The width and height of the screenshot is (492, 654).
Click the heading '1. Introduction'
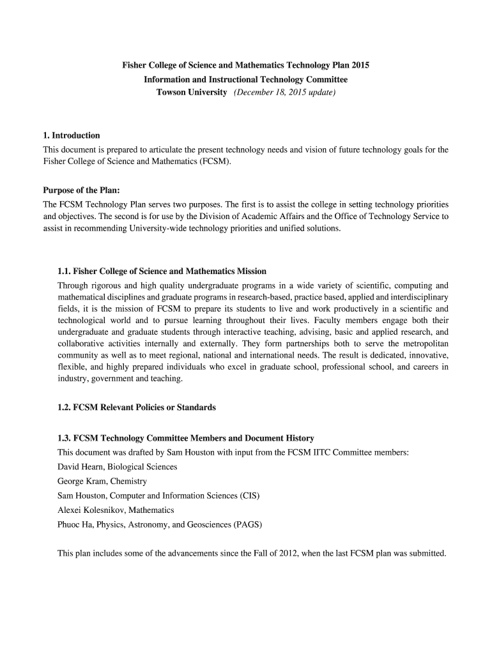pyautogui.click(x=71, y=135)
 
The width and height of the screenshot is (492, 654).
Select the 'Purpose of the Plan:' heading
pyautogui.click(x=81, y=190)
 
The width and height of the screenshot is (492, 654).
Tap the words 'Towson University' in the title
pyautogui.click(x=192, y=93)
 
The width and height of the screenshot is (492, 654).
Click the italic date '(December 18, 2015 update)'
pyautogui.click(x=284, y=93)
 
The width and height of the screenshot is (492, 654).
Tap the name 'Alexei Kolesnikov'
pyautogui.click(x=89, y=510)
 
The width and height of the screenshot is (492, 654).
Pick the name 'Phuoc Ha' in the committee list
pyautogui.click(x=73, y=525)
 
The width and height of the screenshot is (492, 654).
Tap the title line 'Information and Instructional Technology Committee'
pyautogui.click(x=245, y=80)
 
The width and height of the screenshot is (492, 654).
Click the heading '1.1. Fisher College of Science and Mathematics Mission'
pyautogui.click(x=162, y=271)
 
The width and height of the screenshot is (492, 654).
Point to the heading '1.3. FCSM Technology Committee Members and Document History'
pyautogui.click(x=185, y=438)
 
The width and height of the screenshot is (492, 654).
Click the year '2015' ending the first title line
pyautogui.click(x=359, y=66)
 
